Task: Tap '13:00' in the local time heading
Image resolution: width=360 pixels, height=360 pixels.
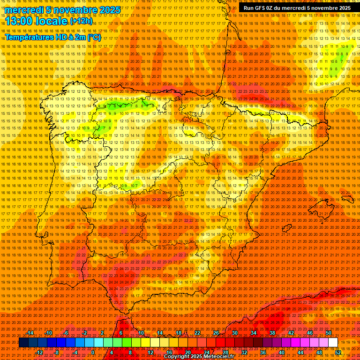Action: (20, 21)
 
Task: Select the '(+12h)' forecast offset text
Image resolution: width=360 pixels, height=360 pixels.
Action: (81, 21)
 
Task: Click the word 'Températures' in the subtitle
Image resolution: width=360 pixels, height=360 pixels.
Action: (30, 37)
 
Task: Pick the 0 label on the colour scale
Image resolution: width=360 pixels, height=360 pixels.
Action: (93, 352)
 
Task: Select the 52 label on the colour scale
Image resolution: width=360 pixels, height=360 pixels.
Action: (338, 352)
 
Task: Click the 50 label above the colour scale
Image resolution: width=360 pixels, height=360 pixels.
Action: (329, 333)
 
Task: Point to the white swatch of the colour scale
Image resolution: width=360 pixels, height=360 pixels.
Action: (333, 343)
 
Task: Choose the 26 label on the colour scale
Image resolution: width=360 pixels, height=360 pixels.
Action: (216, 333)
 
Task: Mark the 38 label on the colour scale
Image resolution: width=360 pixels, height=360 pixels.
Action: (272, 333)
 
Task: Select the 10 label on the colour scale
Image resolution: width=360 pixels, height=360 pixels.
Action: (141, 333)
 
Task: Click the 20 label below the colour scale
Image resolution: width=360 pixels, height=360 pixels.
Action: (188, 352)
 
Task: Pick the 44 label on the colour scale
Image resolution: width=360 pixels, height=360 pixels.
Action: (300, 352)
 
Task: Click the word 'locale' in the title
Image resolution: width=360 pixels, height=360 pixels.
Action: (52, 21)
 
